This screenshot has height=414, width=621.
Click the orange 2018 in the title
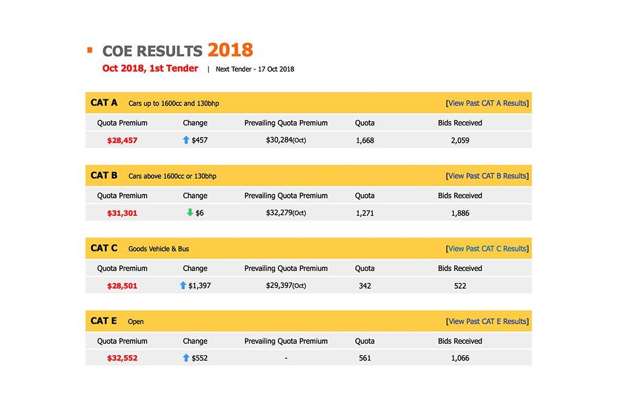point(230,50)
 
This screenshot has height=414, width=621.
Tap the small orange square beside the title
point(90,50)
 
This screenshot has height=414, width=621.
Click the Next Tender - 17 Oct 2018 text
point(255,69)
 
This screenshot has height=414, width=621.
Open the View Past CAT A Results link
point(487,103)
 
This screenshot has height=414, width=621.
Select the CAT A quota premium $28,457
point(122,140)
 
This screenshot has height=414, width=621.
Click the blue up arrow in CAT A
point(186,140)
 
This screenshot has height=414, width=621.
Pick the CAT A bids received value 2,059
point(460,140)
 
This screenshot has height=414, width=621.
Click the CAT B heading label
point(104,176)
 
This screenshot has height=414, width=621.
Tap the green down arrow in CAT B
point(190,213)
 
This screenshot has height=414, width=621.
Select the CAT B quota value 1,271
point(364,213)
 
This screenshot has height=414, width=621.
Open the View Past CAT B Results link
point(487,176)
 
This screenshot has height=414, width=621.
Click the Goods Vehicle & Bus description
point(158,249)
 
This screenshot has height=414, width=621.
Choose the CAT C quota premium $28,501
point(122,285)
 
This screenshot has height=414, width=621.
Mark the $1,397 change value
point(200,285)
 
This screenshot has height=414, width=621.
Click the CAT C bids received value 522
point(460,285)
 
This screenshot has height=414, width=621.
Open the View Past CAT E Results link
point(487,321)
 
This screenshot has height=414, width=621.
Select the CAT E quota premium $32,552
point(122,358)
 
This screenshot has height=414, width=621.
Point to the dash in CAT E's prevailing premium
point(286,358)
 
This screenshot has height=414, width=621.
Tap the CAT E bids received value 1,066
point(460,358)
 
